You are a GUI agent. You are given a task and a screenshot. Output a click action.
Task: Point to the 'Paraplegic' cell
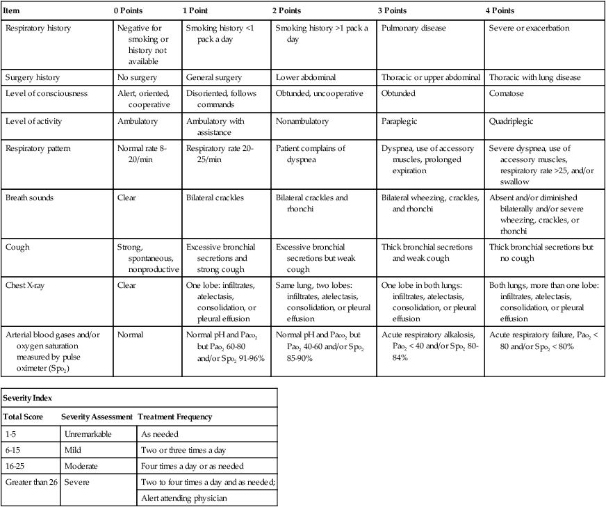(400, 121)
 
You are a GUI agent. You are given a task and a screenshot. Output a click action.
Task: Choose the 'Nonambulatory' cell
(303, 121)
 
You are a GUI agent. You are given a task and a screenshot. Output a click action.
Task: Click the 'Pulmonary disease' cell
(413, 29)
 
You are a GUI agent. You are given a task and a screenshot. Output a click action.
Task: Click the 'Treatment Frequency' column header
(174, 417)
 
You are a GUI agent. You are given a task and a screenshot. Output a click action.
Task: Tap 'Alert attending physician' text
(183, 497)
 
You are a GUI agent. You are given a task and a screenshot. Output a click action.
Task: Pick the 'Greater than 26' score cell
(32, 481)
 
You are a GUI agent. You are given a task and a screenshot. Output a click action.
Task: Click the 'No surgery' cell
(138, 77)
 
